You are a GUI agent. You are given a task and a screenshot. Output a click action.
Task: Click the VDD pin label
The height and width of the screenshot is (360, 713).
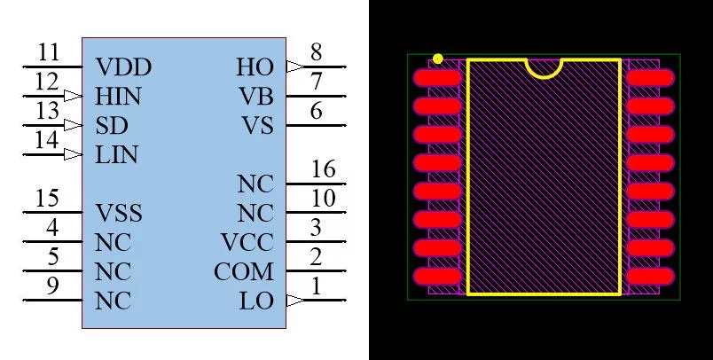click(123, 67)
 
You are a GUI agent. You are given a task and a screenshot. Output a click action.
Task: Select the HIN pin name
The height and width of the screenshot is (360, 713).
click(118, 97)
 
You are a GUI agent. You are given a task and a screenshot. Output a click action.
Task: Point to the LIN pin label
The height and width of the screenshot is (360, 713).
click(116, 155)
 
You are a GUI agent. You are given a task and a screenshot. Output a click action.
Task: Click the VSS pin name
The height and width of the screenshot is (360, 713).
click(119, 213)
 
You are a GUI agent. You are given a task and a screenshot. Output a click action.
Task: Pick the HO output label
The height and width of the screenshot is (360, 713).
click(255, 67)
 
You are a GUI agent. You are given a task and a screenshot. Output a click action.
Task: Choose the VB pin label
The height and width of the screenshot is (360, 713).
click(257, 97)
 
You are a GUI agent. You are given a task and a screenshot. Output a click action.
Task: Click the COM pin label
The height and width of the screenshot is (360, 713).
click(244, 272)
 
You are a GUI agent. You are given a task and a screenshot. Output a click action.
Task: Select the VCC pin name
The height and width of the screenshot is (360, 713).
click(247, 242)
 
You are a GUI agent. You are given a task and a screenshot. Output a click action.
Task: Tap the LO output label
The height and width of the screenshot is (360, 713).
click(257, 301)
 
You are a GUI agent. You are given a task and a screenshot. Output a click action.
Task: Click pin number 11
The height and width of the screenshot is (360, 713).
click(48, 52)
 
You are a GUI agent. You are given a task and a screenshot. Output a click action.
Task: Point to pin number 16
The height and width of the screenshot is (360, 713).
click(324, 169)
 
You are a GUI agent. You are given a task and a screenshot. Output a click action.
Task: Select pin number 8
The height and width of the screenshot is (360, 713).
click(316, 52)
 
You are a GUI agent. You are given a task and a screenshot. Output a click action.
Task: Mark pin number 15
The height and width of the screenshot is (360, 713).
click(47, 199)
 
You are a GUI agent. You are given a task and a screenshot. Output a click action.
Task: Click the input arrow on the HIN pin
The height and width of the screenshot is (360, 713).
click(73, 96)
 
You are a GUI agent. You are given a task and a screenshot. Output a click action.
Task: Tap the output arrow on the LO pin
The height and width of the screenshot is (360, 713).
click(295, 301)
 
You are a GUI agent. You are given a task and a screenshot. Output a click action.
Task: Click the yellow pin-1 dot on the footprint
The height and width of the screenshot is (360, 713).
click(438, 59)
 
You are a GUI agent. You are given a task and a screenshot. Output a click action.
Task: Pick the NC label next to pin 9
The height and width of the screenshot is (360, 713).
click(114, 301)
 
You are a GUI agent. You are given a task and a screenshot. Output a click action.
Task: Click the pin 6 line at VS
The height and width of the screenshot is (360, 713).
click(316, 125)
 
